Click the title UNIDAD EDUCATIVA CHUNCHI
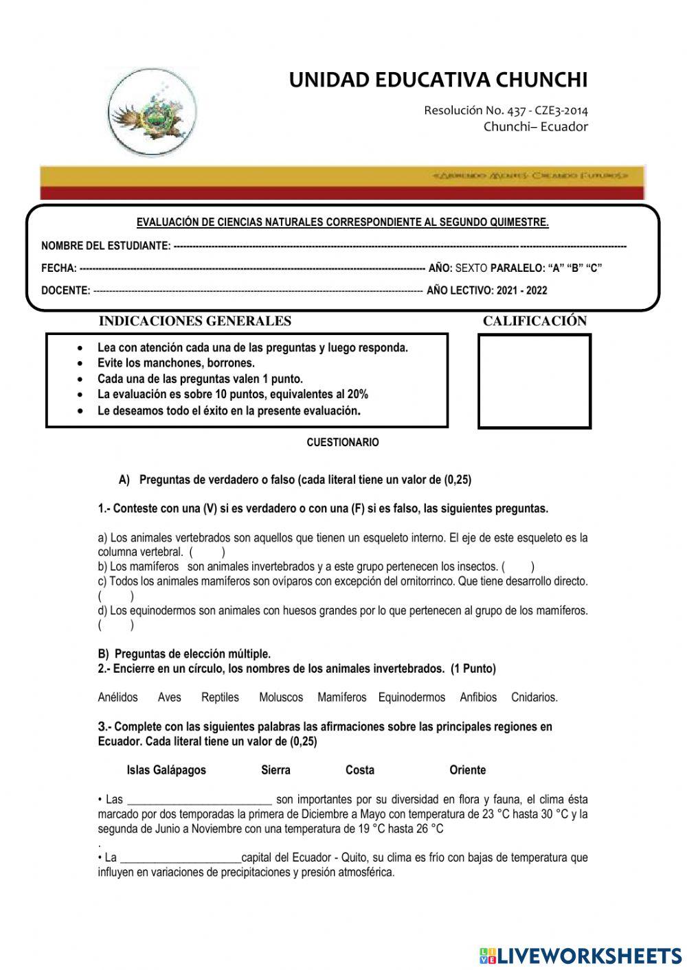coord(438,80)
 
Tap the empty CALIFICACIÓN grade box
coord(534,381)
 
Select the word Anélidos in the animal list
coord(117,697)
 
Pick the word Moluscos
coord(280,697)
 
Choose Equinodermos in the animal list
coord(412,697)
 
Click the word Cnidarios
coord(534,697)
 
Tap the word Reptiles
coord(220,697)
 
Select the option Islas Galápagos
coord(166,770)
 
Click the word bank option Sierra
coord(275,770)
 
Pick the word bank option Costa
coord(360,770)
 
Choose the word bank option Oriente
coord(467,770)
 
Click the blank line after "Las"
coord(200,800)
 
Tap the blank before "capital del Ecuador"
coord(180,858)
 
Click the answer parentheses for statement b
coord(518,567)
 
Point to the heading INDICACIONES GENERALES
coord(195,321)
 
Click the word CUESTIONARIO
coord(342,443)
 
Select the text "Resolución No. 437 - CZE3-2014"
coord(506,111)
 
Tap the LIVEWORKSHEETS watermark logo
coord(580,955)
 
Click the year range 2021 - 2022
coord(521,290)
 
